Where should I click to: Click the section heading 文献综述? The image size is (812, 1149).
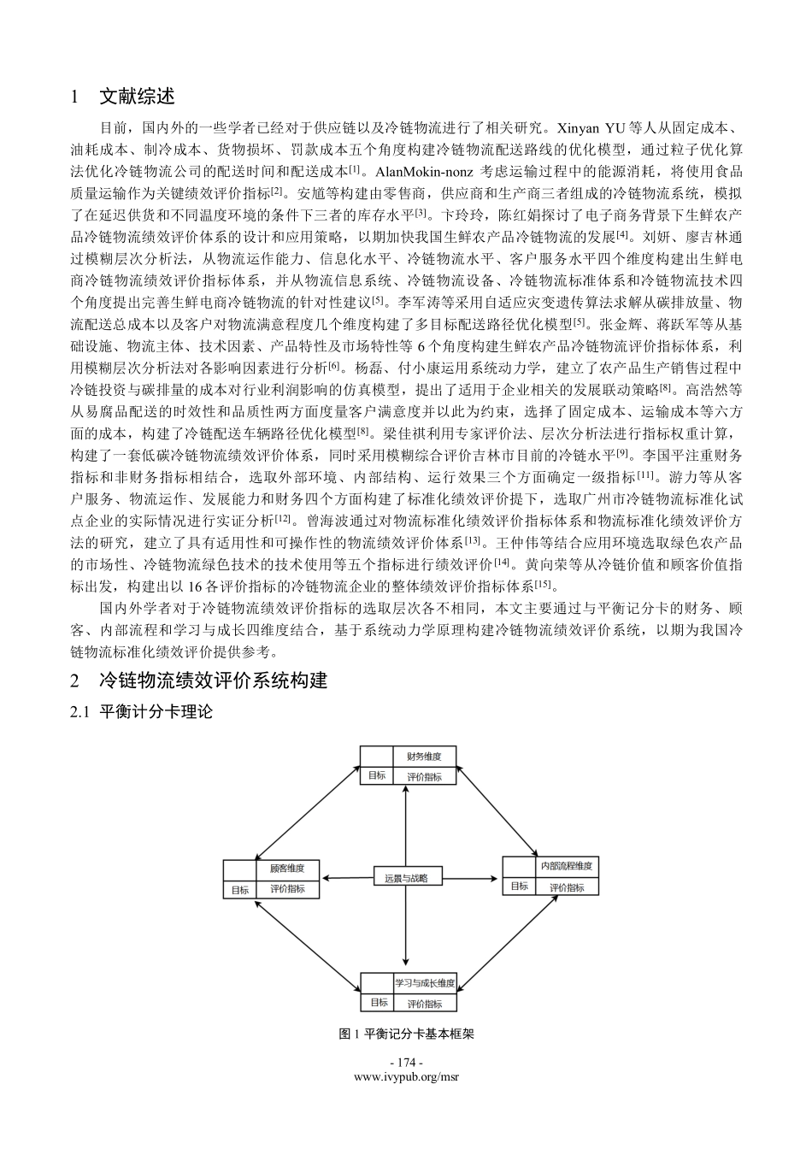[x=137, y=97]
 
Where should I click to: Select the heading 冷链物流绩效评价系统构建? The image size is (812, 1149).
[x=213, y=681]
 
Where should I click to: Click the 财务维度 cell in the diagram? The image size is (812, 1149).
[x=424, y=756]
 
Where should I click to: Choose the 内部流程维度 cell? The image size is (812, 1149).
[x=566, y=866]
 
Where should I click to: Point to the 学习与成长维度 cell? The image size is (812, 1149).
[x=424, y=982]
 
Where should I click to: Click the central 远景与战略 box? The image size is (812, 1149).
[x=406, y=877]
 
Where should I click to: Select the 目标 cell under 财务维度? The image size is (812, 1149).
[x=376, y=776]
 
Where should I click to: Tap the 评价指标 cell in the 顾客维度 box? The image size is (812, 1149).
[x=287, y=889]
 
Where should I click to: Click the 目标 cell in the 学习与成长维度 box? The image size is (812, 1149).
[x=379, y=1003]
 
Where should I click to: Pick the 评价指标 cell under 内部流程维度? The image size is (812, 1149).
[x=567, y=887]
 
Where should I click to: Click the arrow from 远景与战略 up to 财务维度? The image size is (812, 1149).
[x=406, y=825]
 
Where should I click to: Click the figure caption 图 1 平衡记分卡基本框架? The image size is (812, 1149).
[x=406, y=1034]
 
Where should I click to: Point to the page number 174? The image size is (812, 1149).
[x=406, y=1062]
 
